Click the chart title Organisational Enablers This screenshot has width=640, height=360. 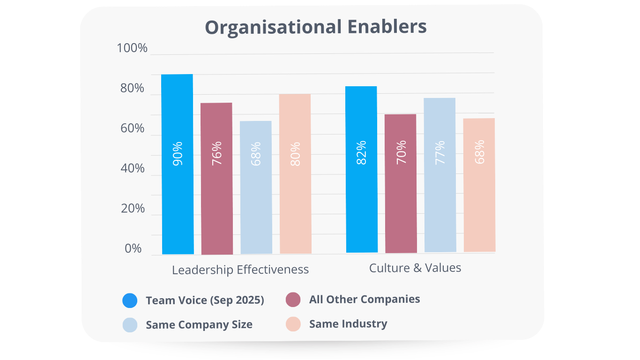tap(316, 27)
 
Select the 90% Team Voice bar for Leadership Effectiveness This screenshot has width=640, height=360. tap(178, 164)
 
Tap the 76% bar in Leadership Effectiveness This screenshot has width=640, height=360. tap(216, 178)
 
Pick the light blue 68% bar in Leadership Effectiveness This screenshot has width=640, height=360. tap(256, 187)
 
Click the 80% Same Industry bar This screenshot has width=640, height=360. tap(295, 173)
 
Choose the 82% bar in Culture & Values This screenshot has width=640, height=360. tap(361, 169)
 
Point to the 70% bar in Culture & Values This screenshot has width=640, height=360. tap(401, 183)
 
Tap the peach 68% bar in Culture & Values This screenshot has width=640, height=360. tap(479, 185)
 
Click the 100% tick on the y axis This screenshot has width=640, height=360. tap(132, 48)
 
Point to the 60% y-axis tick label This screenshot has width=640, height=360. tap(133, 128)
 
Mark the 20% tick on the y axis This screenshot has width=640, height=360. tap(133, 209)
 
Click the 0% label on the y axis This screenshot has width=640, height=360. tap(133, 249)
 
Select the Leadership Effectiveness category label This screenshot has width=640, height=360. tap(240, 270)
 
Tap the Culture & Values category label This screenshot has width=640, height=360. tap(415, 268)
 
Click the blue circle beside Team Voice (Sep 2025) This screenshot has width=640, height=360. tap(130, 300)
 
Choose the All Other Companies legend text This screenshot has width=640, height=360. tap(365, 299)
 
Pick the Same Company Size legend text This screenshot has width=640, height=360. tap(199, 324)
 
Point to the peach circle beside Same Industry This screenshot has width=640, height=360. tap(293, 324)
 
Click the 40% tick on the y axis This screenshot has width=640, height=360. tap(133, 169)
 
